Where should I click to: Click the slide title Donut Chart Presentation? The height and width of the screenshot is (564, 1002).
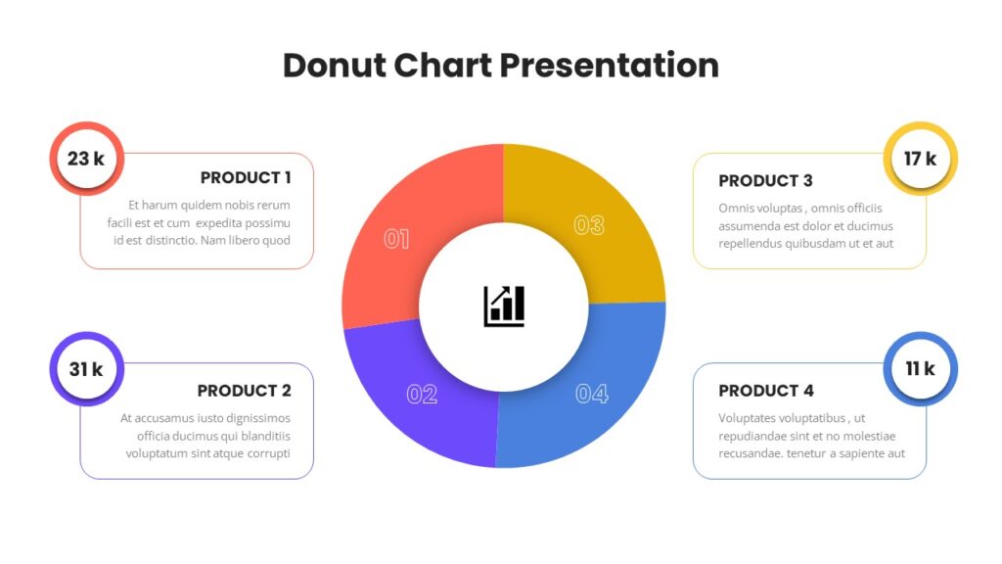point(501,66)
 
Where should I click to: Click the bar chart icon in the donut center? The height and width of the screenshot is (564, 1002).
point(504,306)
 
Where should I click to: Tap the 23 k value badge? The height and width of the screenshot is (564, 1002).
point(86,159)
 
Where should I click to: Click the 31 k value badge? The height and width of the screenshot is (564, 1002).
point(86,369)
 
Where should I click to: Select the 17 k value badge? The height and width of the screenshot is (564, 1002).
point(920,159)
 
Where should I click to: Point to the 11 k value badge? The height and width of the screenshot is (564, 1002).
point(920,369)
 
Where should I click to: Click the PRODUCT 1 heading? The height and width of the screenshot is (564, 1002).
point(246,178)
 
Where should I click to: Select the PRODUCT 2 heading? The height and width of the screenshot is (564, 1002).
point(244,391)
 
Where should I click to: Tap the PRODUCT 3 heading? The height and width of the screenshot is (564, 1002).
point(765,181)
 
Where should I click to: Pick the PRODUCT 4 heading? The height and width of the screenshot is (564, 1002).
point(766,391)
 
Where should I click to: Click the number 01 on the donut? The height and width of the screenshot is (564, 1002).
point(396,239)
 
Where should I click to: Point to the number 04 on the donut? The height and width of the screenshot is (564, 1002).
point(592,394)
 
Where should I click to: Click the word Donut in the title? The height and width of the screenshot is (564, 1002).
point(335,66)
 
